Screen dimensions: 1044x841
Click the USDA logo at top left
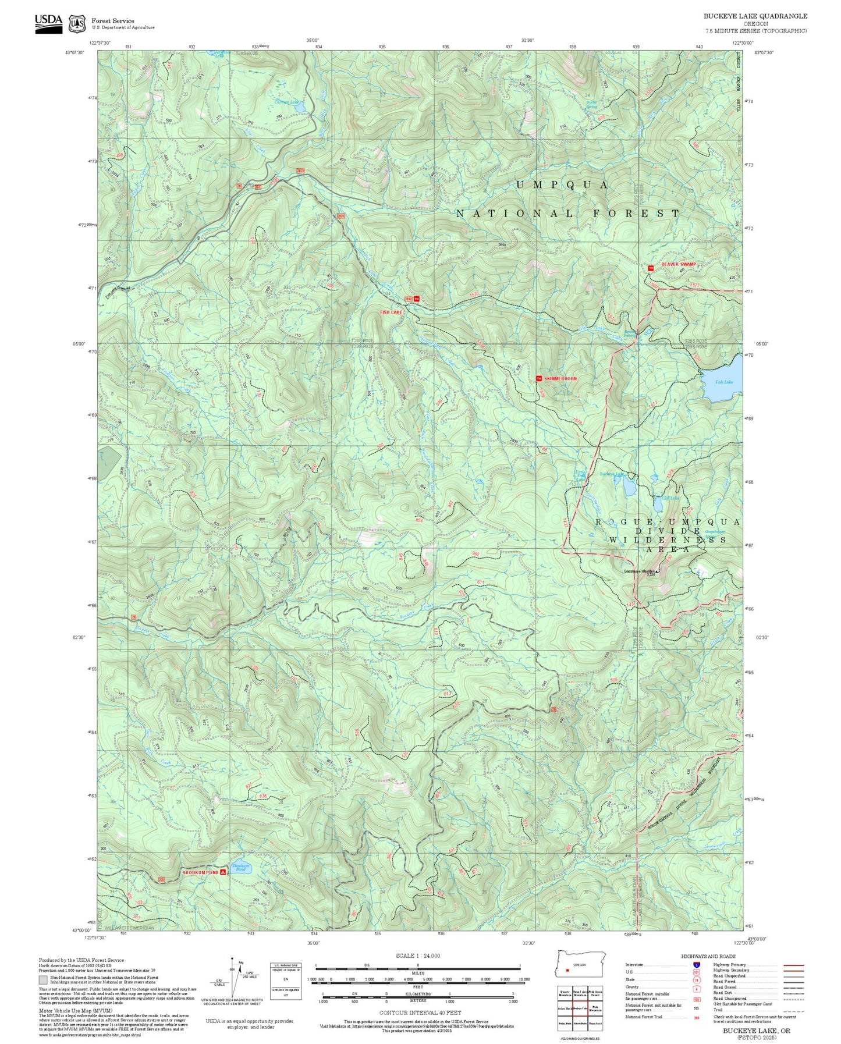click(48, 23)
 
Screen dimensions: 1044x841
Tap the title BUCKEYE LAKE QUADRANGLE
click(755, 16)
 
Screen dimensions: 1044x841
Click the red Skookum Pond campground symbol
click(223, 872)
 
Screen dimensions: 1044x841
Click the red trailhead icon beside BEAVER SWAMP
click(651, 268)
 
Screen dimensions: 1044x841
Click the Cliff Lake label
click(671, 498)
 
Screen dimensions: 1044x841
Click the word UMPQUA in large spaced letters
click(562, 185)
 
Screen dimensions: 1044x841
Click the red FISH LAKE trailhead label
click(391, 313)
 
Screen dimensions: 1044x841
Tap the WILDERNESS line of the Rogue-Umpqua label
click(668, 540)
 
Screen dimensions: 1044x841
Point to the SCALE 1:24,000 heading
click(417, 956)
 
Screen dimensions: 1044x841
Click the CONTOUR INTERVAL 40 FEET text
click(417, 1013)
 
